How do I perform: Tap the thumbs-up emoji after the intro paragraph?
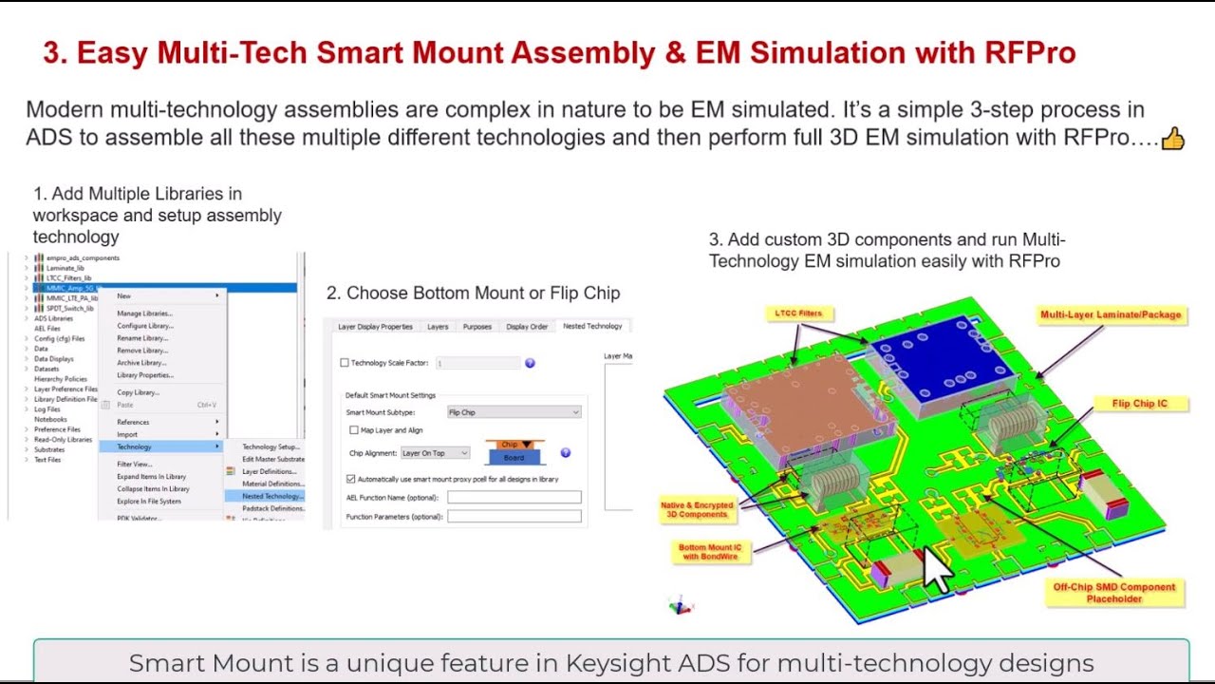(x=1173, y=139)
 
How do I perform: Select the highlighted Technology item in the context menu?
(x=134, y=446)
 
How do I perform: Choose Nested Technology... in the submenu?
(x=271, y=496)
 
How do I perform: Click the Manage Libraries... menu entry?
(x=144, y=313)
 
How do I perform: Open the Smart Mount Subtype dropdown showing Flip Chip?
(x=514, y=412)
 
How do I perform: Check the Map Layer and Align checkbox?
(x=354, y=430)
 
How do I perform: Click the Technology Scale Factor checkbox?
(x=345, y=363)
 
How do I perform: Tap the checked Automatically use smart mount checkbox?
(x=351, y=479)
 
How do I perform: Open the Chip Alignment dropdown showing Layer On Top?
(x=435, y=453)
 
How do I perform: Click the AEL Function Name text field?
(x=514, y=497)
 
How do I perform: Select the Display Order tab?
(x=527, y=326)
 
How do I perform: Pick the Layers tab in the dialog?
(x=438, y=326)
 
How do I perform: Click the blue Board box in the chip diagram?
(x=514, y=458)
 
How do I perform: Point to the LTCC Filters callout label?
(x=797, y=313)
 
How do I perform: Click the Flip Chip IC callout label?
(x=1139, y=404)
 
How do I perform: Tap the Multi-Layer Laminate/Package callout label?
(x=1111, y=314)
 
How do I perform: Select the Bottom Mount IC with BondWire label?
(x=710, y=552)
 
